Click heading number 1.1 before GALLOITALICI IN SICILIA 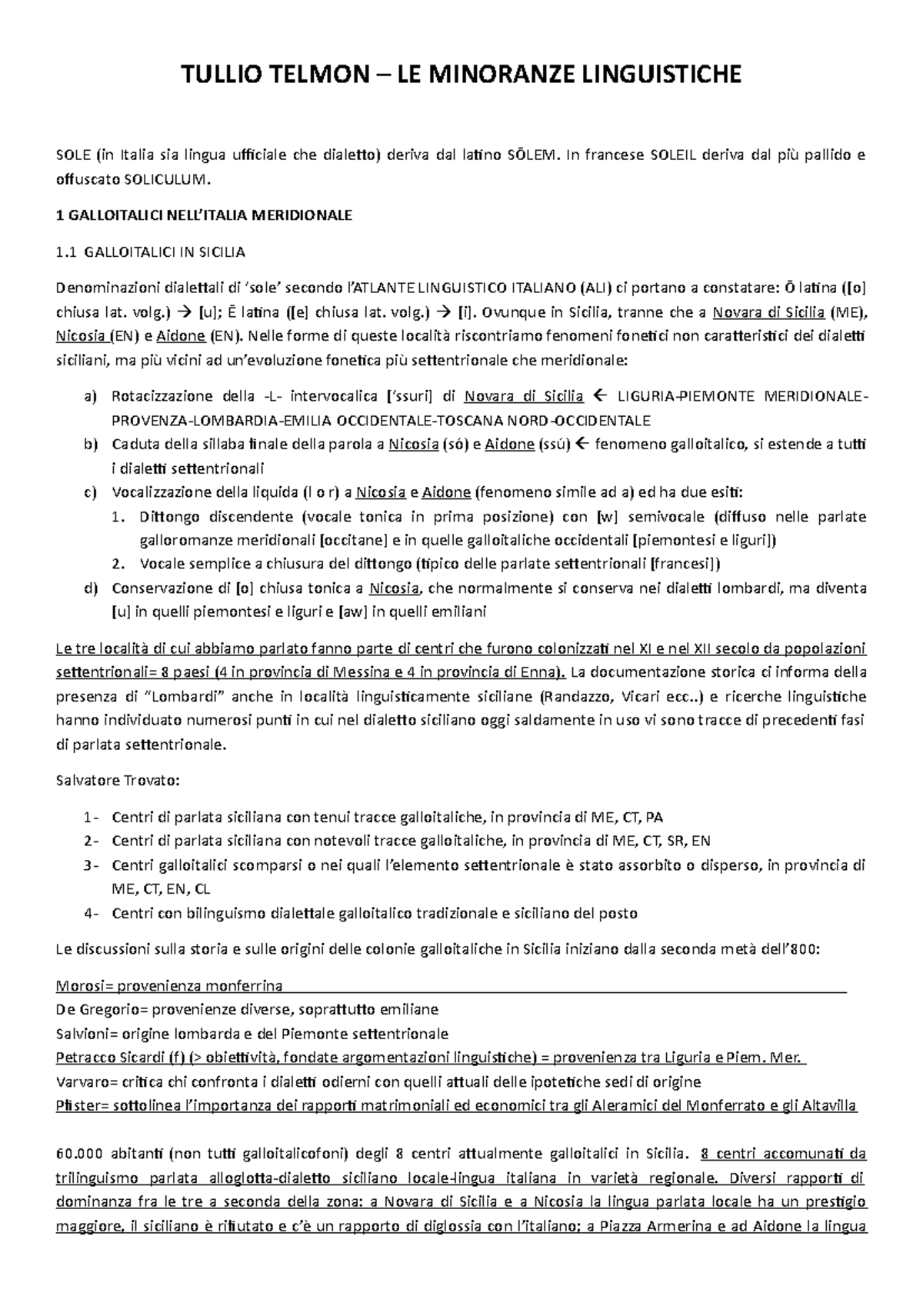(68, 252)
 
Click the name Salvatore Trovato (118, 781)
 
